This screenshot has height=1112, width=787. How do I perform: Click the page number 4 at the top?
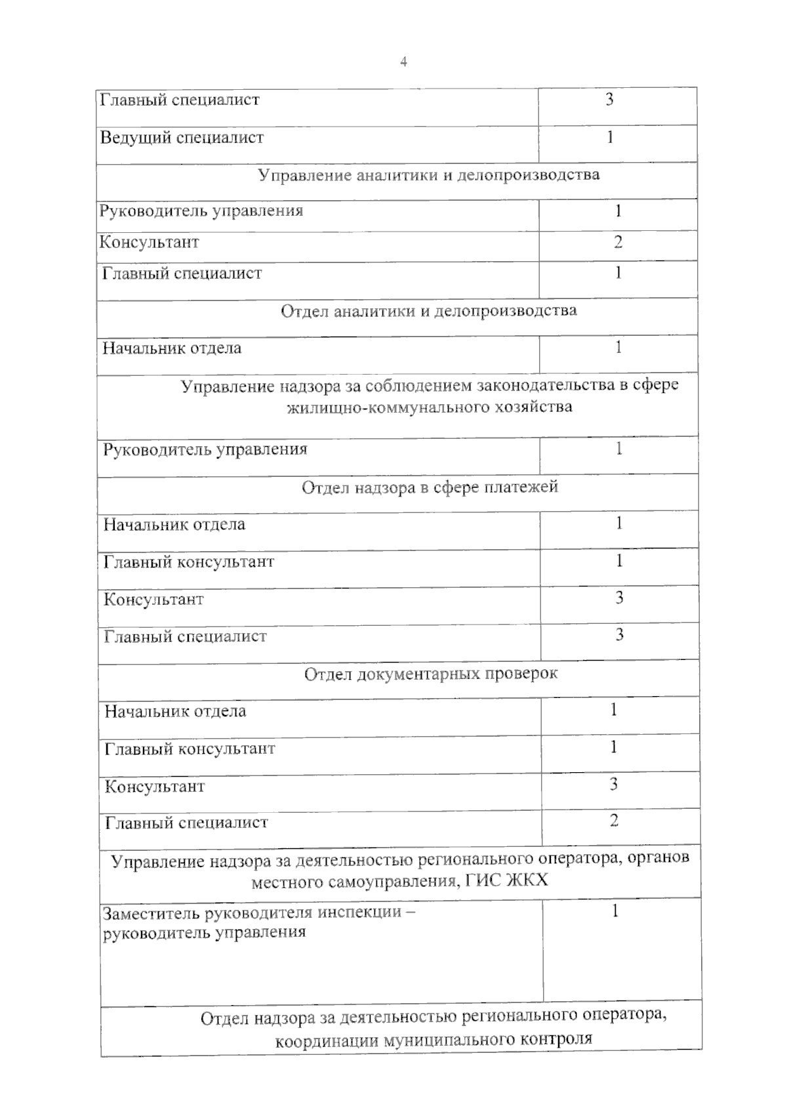[403, 62]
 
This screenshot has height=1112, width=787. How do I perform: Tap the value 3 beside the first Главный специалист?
[609, 100]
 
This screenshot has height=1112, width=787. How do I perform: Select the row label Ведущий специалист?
[182, 138]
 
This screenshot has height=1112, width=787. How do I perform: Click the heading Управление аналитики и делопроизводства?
[428, 175]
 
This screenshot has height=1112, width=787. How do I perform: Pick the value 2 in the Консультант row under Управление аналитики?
[618, 242]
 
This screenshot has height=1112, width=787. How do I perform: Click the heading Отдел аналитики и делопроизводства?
[429, 310]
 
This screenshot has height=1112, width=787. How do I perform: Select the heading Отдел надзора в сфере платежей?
[430, 487]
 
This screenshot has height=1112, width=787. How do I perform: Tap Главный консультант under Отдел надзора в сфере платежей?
[189, 562]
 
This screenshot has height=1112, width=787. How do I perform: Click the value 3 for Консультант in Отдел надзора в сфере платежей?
[618, 598]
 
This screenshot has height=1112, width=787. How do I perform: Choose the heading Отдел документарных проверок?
[431, 674]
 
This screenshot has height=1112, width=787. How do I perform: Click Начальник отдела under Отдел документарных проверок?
[175, 711]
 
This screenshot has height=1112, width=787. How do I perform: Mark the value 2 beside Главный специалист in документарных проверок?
[614, 821]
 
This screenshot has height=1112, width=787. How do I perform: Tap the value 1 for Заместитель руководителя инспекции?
[615, 911]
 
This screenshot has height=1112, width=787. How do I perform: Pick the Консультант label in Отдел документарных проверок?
[155, 786]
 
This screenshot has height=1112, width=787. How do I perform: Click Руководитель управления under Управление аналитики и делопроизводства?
[201, 211]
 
